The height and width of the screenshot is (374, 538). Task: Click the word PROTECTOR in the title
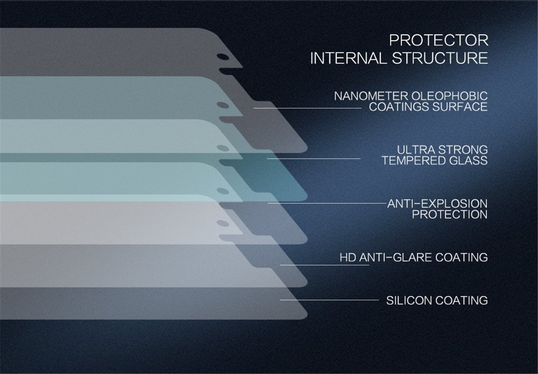coord(439,40)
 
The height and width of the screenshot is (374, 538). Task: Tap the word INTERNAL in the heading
coord(348,58)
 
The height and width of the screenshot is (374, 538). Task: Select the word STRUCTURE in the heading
coord(440,58)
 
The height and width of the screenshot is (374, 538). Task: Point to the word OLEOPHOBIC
coord(449,96)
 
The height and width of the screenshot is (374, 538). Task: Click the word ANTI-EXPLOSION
coord(437,204)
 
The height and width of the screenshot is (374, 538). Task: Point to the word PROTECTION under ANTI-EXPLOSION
coord(450,214)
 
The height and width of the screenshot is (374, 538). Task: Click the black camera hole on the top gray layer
coord(223,57)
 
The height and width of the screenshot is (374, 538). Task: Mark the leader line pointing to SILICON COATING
coord(329,300)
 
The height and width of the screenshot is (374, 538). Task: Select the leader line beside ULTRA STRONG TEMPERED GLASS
coord(314,158)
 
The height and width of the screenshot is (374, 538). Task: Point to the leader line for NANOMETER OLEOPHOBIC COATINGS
coord(307,108)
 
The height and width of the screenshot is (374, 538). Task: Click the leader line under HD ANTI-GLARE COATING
coord(325,265)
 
